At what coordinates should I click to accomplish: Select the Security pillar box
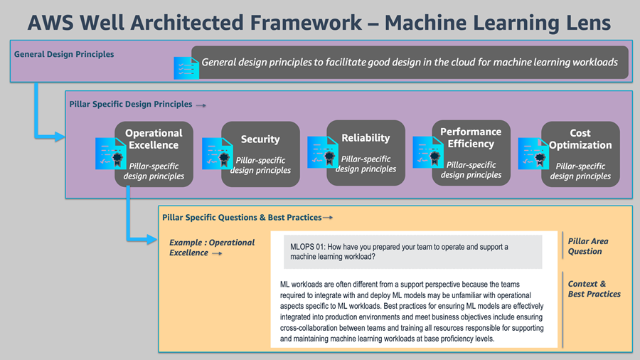pyautogui.click(x=260, y=154)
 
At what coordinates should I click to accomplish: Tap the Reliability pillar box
pyautogui.click(x=366, y=153)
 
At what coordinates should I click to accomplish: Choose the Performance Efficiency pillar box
pyautogui.click(x=471, y=154)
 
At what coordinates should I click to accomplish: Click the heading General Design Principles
pyautogui.click(x=64, y=54)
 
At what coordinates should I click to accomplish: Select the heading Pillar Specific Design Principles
pyautogui.click(x=131, y=104)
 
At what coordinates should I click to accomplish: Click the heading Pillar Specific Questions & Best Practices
pyautogui.click(x=242, y=217)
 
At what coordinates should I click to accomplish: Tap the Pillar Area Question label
pyautogui.click(x=587, y=246)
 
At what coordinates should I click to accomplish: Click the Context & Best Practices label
pyautogui.click(x=594, y=289)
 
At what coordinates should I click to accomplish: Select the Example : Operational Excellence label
pyautogui.click(x=211, y=247)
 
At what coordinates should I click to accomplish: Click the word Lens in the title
pyautogui.click(x=582, y=22)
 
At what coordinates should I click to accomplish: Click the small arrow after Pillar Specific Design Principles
pyautogui.click(x=201, y=105)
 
